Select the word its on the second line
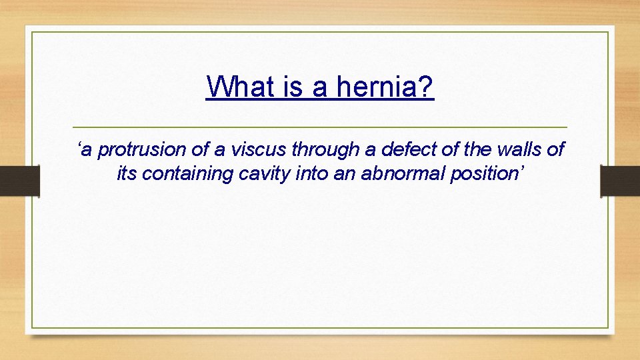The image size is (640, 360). (127, 174)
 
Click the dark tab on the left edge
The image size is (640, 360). (19, 181)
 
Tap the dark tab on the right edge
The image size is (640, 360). (620, 181)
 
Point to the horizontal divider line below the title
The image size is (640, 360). (319, 127)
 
